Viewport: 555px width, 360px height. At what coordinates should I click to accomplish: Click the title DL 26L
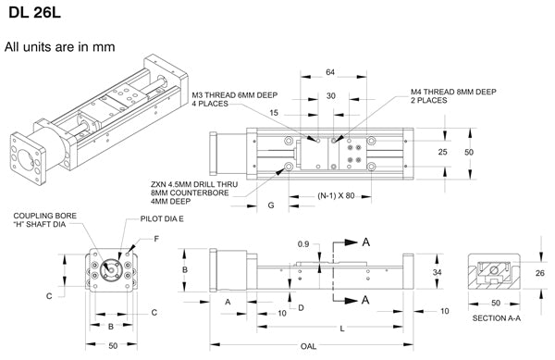[34, 12]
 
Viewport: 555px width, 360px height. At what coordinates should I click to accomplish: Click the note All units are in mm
[60, 46]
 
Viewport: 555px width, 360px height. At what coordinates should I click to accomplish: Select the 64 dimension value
[330, 72]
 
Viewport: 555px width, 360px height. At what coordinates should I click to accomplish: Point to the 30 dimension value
[331, 96]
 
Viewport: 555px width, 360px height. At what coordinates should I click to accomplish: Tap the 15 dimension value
[274, 113]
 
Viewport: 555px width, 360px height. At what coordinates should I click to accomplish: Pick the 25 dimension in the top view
[442, 152]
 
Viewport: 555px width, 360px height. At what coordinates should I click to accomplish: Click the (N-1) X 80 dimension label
[336, 196]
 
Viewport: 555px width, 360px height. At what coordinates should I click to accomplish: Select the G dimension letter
[271, 205]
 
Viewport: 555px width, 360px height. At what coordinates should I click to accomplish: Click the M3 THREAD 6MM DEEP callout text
[235, 95]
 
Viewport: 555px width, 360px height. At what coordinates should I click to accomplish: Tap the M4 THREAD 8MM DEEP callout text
[453, 92]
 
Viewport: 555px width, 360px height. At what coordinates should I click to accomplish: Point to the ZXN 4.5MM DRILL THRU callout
[194, 184]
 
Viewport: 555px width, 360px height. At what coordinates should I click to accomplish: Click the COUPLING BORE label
[45, 216]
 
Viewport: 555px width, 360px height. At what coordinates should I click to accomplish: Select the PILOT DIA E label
[162, 218]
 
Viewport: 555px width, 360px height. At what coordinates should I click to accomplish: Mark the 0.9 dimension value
[303, 244]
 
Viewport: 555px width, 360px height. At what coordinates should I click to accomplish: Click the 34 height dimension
[438, 272]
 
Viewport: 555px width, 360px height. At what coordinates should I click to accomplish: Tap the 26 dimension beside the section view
[540, 273]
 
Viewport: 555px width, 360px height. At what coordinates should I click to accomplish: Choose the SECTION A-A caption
[497, 318]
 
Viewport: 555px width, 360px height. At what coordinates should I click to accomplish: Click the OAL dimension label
[308, 346]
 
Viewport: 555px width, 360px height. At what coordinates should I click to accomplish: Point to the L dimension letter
[342, 329]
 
